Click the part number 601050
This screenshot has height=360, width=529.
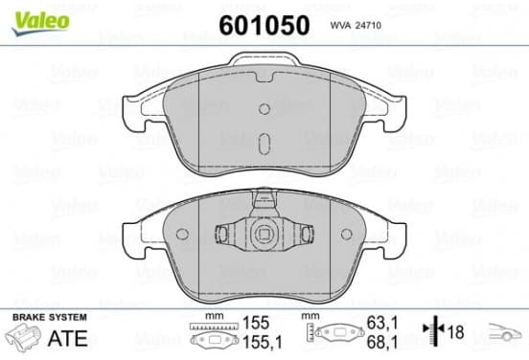pos(264,25)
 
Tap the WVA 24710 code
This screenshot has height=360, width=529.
pos(356,25)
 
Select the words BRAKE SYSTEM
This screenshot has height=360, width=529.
pos(50,317)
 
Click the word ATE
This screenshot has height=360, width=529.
pos(68,338)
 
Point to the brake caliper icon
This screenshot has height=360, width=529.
pos(24,336)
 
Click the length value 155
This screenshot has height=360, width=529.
pos(257,323)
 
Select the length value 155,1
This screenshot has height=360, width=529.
pos(263,343)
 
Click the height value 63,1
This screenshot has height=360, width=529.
pos(382,323)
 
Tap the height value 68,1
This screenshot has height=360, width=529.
pos(382,342)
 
